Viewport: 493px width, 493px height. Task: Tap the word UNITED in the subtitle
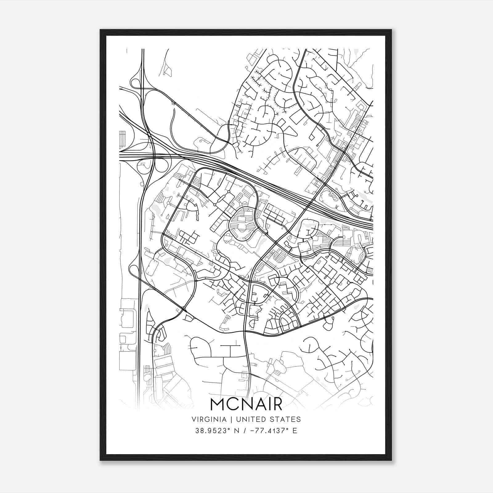(x=246, y=419)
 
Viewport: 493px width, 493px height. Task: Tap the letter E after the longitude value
(x=295, y=431)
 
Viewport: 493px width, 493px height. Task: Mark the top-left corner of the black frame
(x=100, y=30)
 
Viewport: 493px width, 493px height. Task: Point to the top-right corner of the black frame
(x=391, y=30)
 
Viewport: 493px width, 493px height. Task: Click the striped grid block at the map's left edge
(x=123, y=140)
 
